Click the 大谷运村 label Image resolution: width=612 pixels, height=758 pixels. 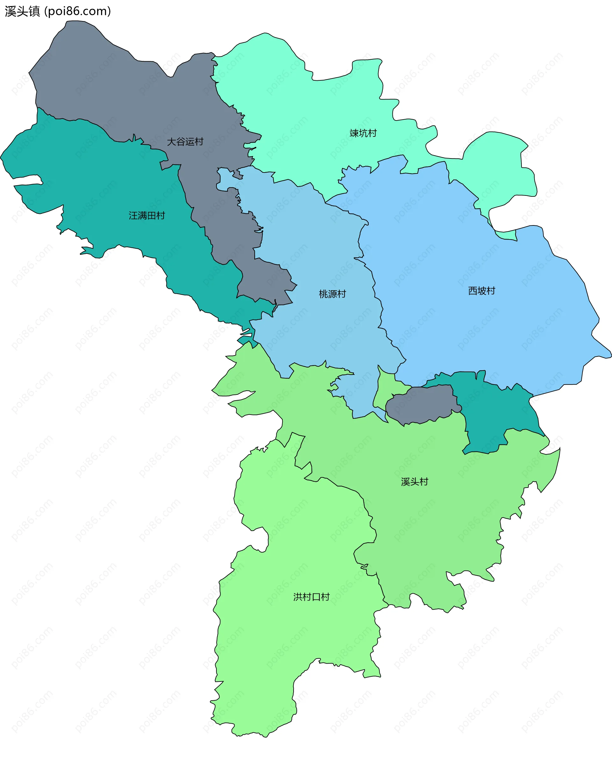185,142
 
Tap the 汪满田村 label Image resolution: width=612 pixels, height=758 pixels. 147,216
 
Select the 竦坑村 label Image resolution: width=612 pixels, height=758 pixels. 363,133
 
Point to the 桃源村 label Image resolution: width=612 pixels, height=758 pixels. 332,294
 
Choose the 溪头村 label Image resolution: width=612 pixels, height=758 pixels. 415,482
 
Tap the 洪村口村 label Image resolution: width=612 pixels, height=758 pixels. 311,597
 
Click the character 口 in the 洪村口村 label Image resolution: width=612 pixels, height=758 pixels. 316,597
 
